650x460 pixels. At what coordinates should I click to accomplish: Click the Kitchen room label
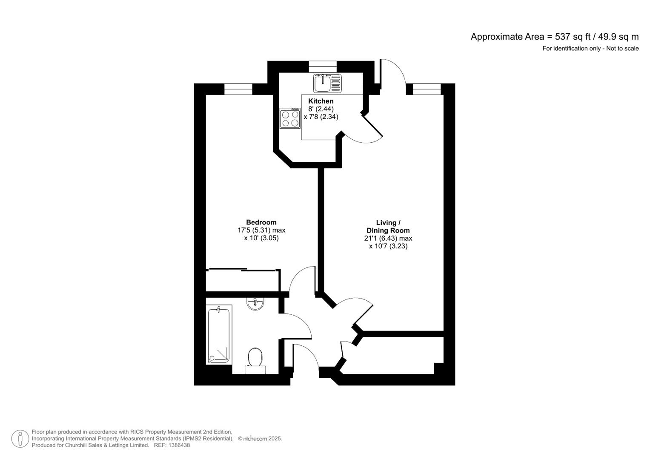tap(321, 101)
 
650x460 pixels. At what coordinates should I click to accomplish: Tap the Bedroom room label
tap(261, 222)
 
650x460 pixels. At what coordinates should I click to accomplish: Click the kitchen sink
tap(327, 83)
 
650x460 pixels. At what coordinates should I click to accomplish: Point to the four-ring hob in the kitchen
tap(290, 118)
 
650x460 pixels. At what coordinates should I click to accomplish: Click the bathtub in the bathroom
tap(219, 334)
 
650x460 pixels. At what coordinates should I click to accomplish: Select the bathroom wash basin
tap(255, 304)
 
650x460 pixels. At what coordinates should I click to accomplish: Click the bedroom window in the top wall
tap(238, 89)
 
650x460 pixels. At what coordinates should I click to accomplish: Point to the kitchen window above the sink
tap(323, 66)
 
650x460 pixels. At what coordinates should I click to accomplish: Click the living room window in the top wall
tap(427, 89)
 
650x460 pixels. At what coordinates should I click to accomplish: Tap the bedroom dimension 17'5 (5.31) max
tap(261, 230)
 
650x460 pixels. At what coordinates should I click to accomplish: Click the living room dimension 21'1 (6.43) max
tap(388, 239)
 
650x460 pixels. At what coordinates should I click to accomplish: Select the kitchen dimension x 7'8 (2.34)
tap(321, 117)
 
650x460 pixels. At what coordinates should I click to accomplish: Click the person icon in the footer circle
tap(20, 439)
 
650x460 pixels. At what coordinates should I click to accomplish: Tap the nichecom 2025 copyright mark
tap(260, 439)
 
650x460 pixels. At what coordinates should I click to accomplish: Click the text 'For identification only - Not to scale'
tap(590, 49)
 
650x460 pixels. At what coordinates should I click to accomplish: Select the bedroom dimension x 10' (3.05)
tap(261, 238)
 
